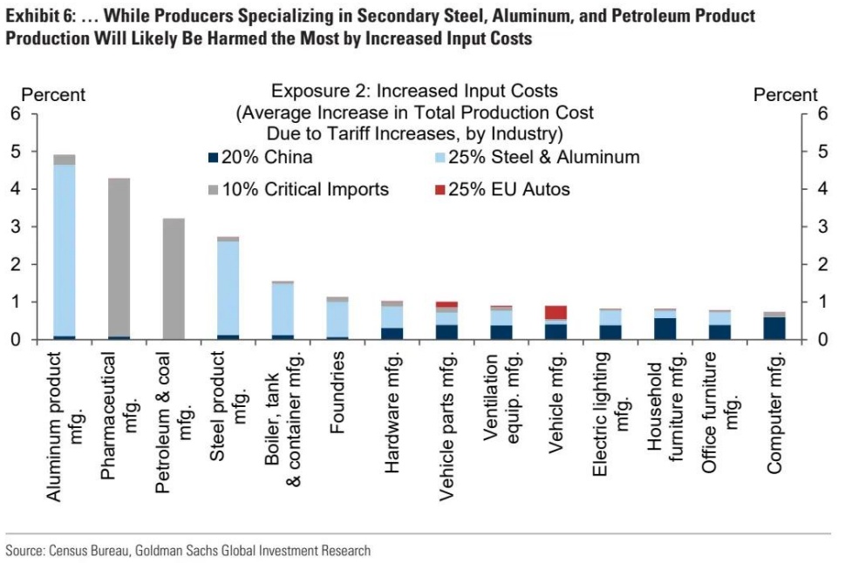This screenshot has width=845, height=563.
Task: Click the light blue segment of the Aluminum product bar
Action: coord(64,248)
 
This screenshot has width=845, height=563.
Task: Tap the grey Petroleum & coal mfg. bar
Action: coord(174,278)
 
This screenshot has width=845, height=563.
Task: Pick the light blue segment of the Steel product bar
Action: coord(228,288)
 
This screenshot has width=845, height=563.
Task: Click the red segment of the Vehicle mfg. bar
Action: coord(555,313)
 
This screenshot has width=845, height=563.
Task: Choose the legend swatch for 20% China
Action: coord(213,158)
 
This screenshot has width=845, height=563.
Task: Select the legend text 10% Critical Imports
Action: coord(305,189)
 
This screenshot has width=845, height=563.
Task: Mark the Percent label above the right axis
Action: coord(785,95)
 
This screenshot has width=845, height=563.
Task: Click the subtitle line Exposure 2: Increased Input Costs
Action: coord(414,91)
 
